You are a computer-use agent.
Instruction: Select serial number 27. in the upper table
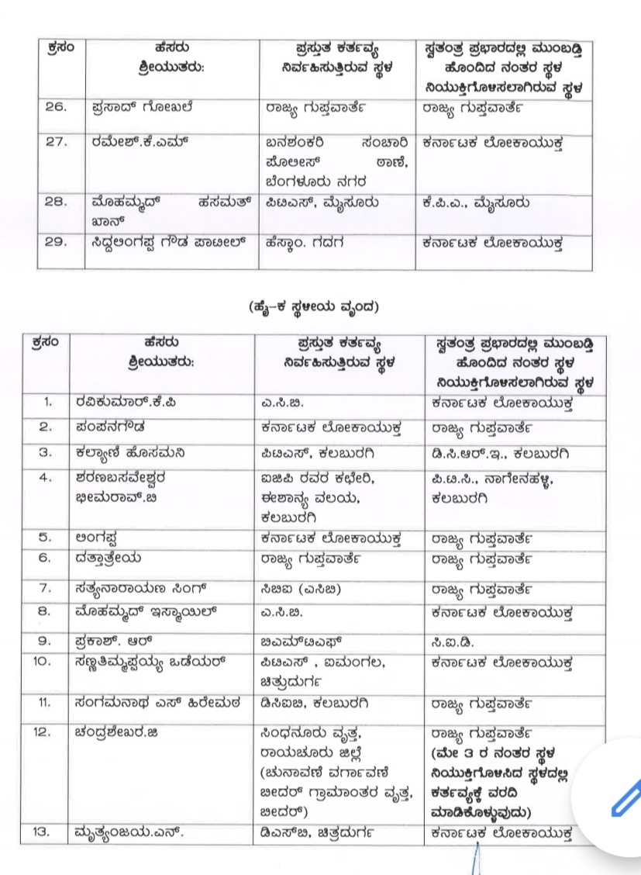click(x=60, y=144)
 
